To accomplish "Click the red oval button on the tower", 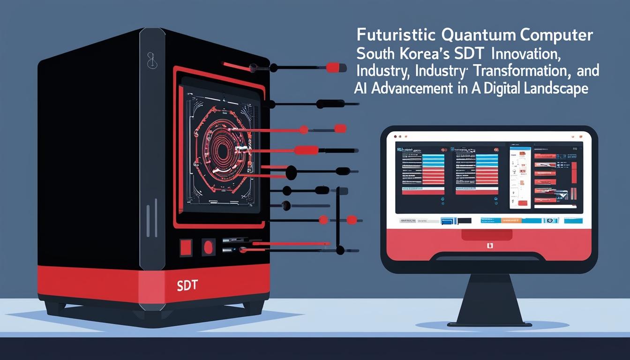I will pos(208,246).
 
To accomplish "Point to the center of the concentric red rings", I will pos(225,152).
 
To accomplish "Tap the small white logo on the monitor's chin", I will pos(489,245).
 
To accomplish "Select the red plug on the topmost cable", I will pos(333,67).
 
